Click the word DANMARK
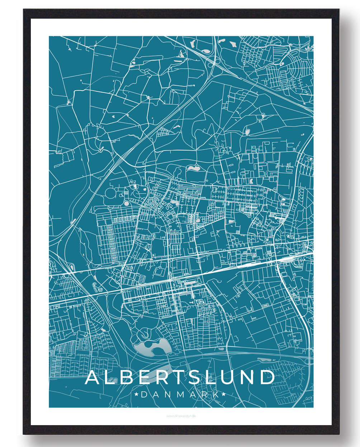pos(180,394)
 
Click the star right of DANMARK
pos(224,394)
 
